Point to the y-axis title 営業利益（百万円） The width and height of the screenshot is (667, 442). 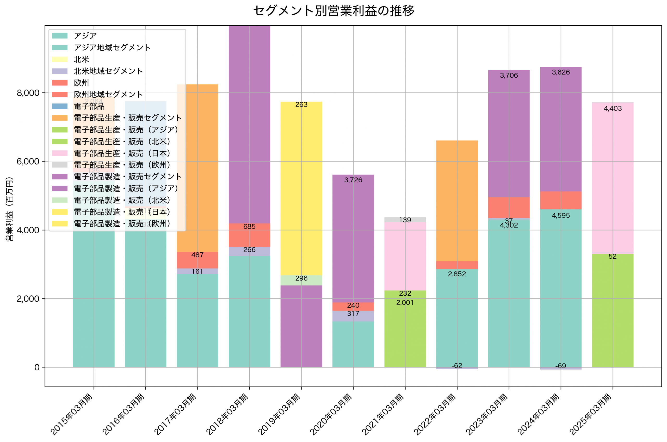[x=10, y=209]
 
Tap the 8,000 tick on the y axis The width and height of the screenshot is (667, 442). [x=28, y=93]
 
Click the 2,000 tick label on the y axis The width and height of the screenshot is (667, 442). [x=28, y=298]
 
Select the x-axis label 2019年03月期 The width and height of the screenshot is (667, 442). [x=279, y=414]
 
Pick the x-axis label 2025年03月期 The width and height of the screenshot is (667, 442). [x=590, y=414]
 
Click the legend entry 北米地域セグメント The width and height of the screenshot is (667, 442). [x=108, y=71]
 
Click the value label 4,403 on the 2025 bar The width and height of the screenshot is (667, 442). [x=612, y=109]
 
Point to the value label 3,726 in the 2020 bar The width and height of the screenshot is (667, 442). [x=353, y=180]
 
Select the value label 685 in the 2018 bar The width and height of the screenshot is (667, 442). [x=249, y=227]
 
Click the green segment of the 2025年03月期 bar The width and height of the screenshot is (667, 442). [x=612, y=310]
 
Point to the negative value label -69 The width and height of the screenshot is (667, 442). [x=560, y=366]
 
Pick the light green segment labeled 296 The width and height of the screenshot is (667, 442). [x=301, y=280]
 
